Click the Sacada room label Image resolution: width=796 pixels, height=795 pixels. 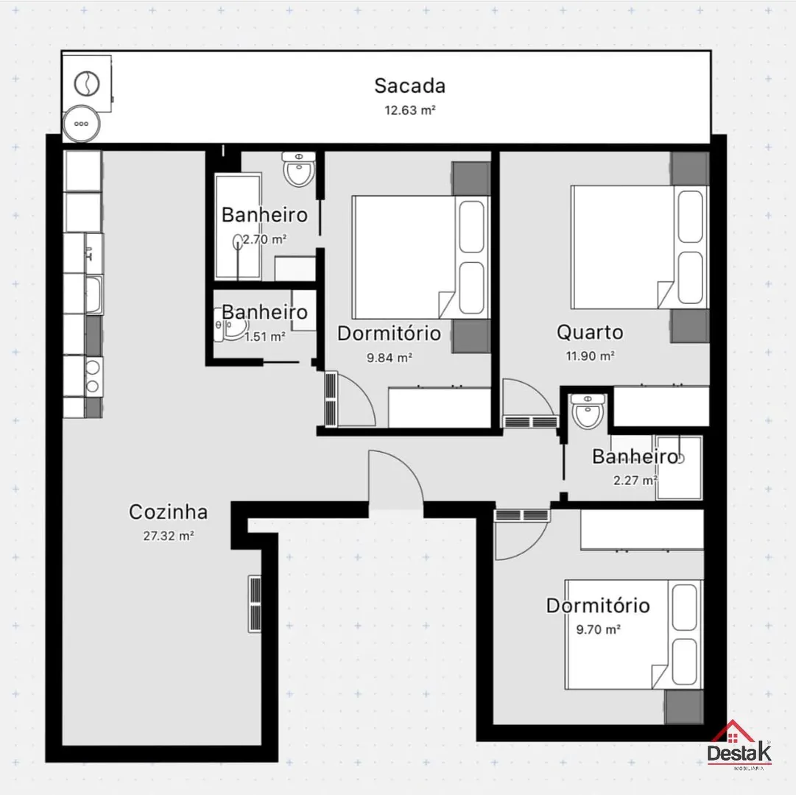click(x=409, y=85)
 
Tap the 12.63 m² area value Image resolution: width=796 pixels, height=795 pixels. click(x=409, y=110)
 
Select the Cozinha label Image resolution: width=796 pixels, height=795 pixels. click(x=168, y=512)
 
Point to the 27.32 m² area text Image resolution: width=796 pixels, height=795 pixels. click(x=168, y=536)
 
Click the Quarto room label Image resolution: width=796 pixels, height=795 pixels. click(x=590, y=332)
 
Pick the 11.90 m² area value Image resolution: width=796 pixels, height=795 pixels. click(x=590, y=356)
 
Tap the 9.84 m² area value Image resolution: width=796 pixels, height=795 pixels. click(x=390, y=358)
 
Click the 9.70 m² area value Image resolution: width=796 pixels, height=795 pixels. click(x=598, y=629)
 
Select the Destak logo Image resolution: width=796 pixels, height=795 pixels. click(x=739, y=745)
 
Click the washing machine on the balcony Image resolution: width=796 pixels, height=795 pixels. click(x=87, y=83)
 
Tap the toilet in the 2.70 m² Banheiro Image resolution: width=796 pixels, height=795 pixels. click(x=298, y=169)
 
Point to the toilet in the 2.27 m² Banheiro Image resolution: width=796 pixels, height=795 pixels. click(x=588, y=411)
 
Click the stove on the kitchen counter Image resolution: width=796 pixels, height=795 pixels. click(x=94, y=376)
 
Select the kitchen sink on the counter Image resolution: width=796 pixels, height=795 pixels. click(x=94, y=294)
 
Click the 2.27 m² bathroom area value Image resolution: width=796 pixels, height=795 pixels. click(x=635, y=480)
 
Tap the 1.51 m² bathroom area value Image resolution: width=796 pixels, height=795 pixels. click(x=264, y=336)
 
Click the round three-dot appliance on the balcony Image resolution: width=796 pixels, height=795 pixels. click(x=81, y=124)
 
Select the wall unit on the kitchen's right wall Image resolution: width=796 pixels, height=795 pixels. click(x=255, y=604)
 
